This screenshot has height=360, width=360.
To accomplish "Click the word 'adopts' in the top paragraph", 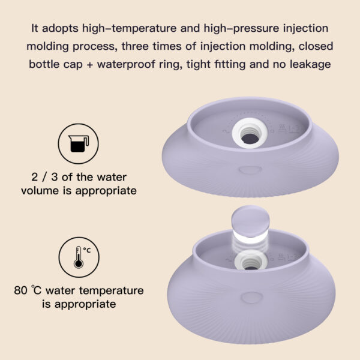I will pyautogui.click(x=62, y=29).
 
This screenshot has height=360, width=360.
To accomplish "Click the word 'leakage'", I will pyautogui.click(x=310, y=64).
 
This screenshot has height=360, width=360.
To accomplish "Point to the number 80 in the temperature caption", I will pyautogui.click(x=20, y=291).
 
